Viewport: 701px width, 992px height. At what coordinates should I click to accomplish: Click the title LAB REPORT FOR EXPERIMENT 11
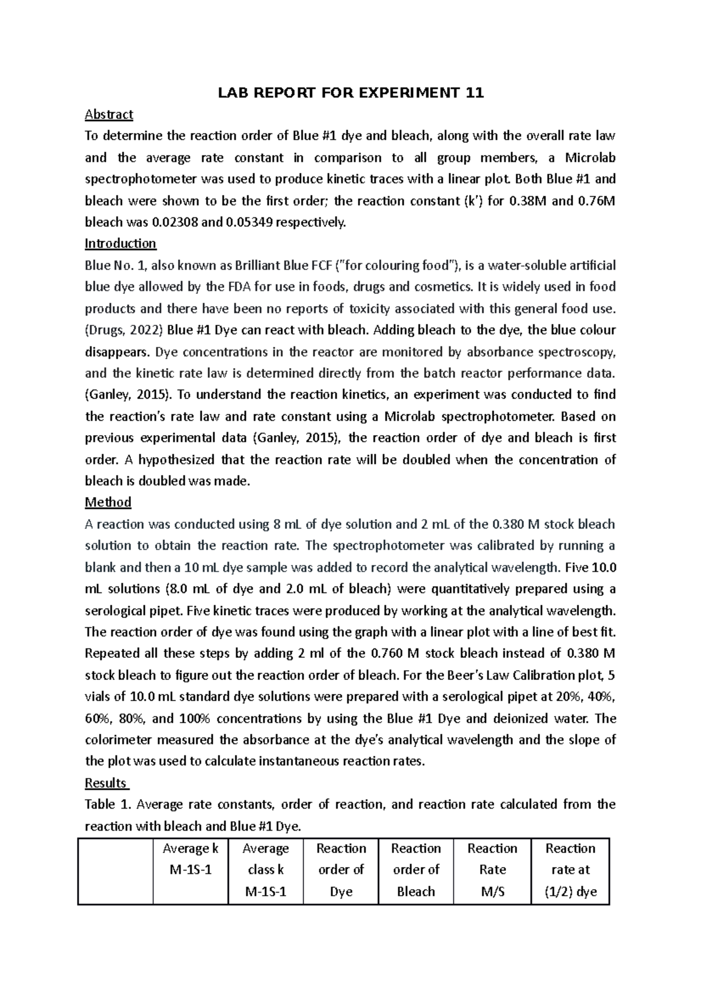pyautogui.click(x=350, y=93)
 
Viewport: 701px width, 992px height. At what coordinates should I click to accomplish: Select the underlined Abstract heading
pyautogui.click(x=109, y=115)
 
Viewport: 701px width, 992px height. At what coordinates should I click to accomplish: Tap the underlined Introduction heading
pyautogui.click(x=120, y=244)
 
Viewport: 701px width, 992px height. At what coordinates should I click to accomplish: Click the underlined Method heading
pyautogui.click(x=108, y=502)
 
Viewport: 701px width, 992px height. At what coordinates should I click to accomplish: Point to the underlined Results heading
pyautogui.click(x=106, y=783)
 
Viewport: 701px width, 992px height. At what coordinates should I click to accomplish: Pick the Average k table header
pyautogui.click(x=190, y=859)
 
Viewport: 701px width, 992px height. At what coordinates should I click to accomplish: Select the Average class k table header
pyautogui.click(x=266, y=870)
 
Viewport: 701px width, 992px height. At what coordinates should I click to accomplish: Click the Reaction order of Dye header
pyautogui.click(x=341, y=870)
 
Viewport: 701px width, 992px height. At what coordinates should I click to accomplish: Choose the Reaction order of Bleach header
pyautogui.click(x=416, y=870)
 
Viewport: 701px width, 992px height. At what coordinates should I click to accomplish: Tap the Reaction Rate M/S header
pyautogui.click(x=492, y=870)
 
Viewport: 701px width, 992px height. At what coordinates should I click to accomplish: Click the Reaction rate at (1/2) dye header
pyautogui.click(x=570, y=870)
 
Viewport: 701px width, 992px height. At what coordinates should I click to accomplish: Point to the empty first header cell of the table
pyautogui.click(x=116, y=870)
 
